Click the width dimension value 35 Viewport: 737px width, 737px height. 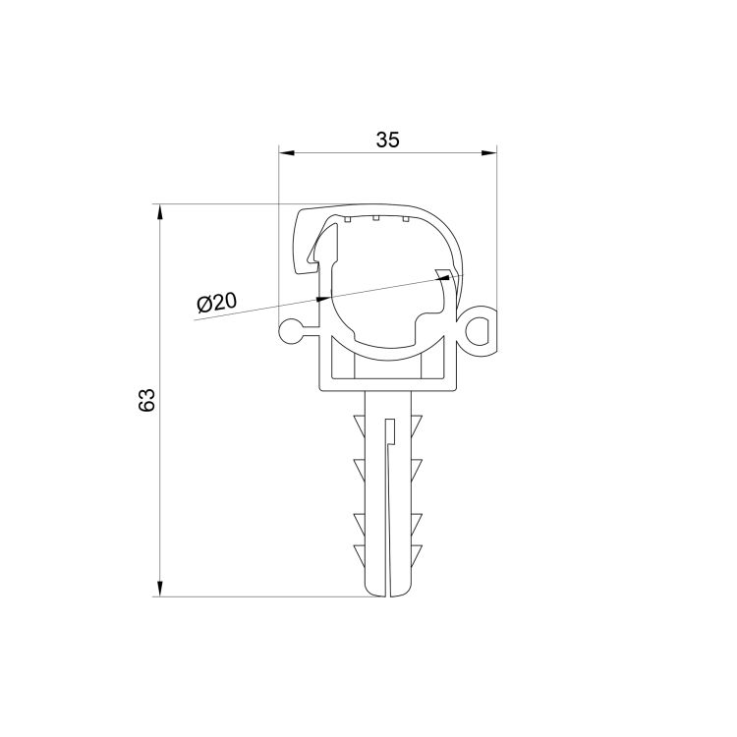(x=387, y=141)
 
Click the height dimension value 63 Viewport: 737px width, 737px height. (x=146, y=400)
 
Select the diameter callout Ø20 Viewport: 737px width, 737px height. (x=216, y=304)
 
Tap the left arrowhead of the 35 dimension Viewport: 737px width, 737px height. (x=286, y=152)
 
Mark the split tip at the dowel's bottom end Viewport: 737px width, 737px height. (x=389, y=590)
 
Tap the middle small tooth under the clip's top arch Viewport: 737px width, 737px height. (x=376, y=219)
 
